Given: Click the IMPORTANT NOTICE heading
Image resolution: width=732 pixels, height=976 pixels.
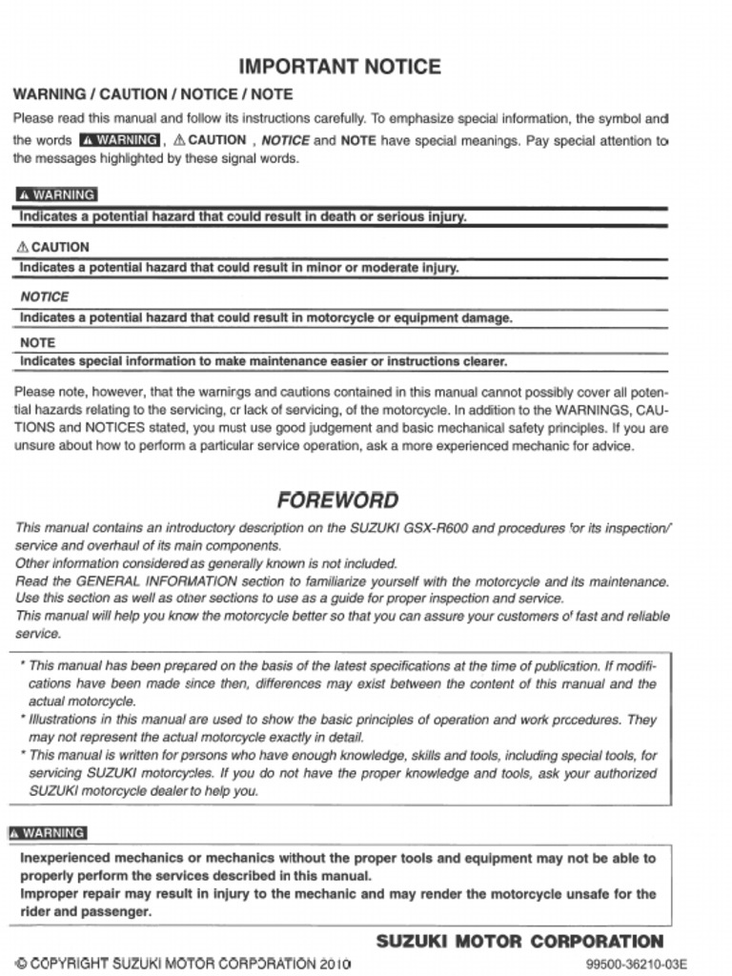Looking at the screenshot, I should [338, 67].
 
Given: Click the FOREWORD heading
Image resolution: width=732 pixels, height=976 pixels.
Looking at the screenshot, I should [337, 500].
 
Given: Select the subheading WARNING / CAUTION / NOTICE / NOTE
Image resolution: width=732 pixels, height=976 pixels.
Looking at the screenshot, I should [152, 94].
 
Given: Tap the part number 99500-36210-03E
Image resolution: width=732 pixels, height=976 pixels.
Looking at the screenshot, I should [637, 964].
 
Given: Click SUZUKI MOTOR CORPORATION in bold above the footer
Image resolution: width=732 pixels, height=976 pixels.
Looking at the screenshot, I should [519, 942].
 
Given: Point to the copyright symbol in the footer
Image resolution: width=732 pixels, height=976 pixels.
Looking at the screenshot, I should [21, 963].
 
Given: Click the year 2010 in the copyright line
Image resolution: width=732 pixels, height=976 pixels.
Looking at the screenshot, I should [335, 963].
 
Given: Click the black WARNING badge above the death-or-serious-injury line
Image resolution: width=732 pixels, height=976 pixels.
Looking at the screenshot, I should [56, 194].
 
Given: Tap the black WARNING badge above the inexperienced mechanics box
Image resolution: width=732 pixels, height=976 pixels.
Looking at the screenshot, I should [47, 832].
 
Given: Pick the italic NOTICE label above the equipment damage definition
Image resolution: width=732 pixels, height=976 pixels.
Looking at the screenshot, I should [44, 296].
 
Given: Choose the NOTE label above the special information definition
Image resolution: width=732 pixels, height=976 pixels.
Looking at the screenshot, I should [37, 342].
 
